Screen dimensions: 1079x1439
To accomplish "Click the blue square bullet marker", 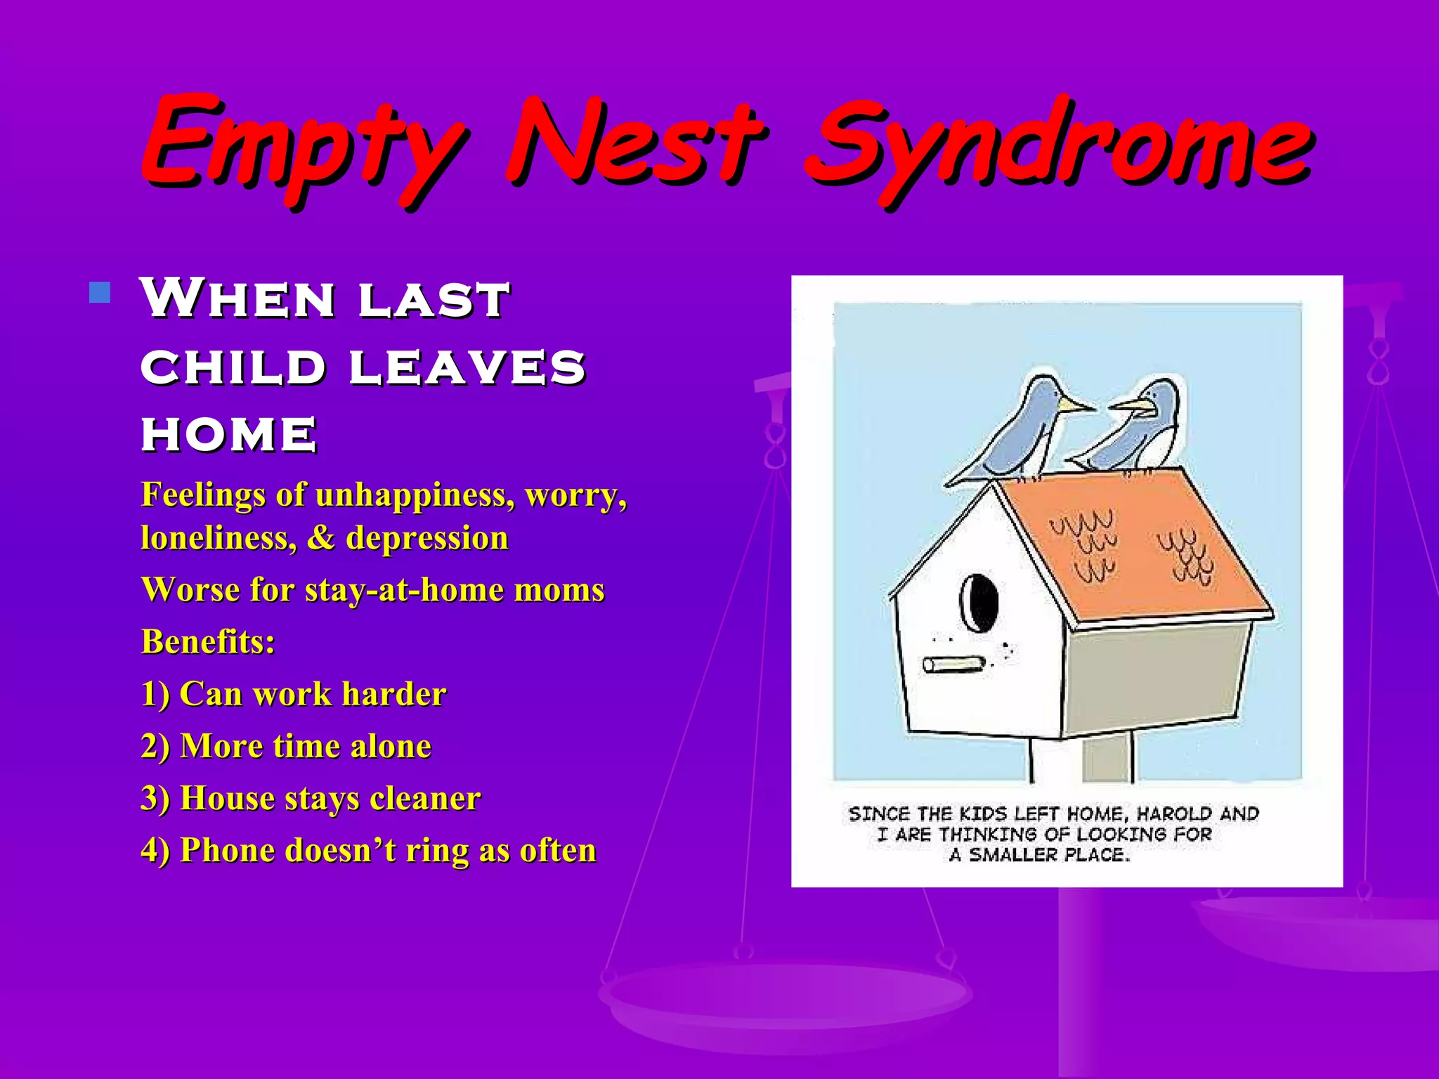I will click(100, 293).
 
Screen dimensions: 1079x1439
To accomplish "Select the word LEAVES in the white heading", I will click(467, 367).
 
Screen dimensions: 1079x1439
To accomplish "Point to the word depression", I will click(427, 538).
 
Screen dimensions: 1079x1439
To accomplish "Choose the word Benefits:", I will click(208, 641).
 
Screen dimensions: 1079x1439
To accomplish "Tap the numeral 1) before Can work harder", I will click(155, 694).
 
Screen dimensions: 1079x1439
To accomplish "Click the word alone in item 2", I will click(391, 746).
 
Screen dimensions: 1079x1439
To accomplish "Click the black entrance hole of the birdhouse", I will click(979, 603).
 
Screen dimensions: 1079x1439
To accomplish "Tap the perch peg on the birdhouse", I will click(953, 664).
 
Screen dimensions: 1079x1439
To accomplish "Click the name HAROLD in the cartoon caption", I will click(1174, 814).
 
